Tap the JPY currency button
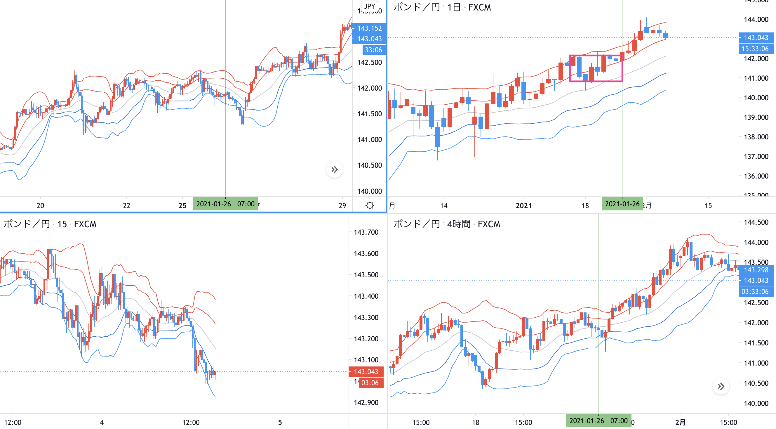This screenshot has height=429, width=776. point(369,6)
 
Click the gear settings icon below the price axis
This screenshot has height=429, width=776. point(370,205)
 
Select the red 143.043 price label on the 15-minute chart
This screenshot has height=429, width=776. point(366,371)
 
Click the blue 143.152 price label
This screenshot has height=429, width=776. point(369,28)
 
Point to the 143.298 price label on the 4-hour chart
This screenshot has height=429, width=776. point(756,270)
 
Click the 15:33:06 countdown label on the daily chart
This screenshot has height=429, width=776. point(755,49)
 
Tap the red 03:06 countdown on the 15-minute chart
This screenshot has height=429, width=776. point(370,383)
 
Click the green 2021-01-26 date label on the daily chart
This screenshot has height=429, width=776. point(622,204)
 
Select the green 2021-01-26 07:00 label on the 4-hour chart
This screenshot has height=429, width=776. point(598,421)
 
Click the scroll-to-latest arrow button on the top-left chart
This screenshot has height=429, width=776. point(334,169)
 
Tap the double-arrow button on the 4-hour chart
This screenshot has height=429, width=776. point(721,386)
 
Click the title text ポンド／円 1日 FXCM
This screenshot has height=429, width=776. point(442,7)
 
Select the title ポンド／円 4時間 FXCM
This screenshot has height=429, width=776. point(447,224)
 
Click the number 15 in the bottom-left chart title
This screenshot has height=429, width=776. point(62,224)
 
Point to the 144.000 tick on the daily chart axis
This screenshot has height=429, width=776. point(756,19)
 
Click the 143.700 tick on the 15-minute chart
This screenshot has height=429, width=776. point(366,232)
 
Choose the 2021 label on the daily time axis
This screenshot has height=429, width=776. point(523,206)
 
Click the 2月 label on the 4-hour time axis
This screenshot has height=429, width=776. point(680,422)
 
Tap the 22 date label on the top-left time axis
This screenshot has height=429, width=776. point(126,206)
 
